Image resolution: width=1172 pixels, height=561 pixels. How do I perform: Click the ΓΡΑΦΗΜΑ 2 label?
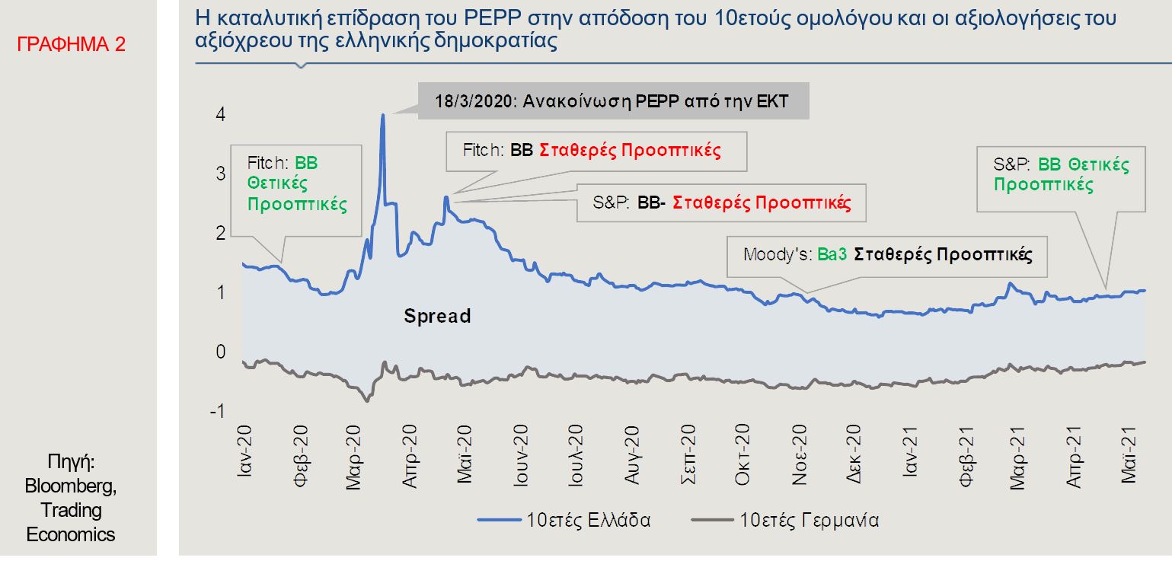coord(72,44)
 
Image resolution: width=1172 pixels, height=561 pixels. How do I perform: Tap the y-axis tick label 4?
coord(220,115)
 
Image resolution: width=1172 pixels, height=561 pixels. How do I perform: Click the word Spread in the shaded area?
coord(437,316)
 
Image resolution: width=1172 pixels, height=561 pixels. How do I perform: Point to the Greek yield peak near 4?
coord(382,116)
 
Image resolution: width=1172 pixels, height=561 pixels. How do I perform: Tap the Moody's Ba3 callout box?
coord(887,254)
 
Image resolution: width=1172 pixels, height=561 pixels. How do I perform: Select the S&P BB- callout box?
coord(721,203)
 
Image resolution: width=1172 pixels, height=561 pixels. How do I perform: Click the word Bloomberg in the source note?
coord(71,486)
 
